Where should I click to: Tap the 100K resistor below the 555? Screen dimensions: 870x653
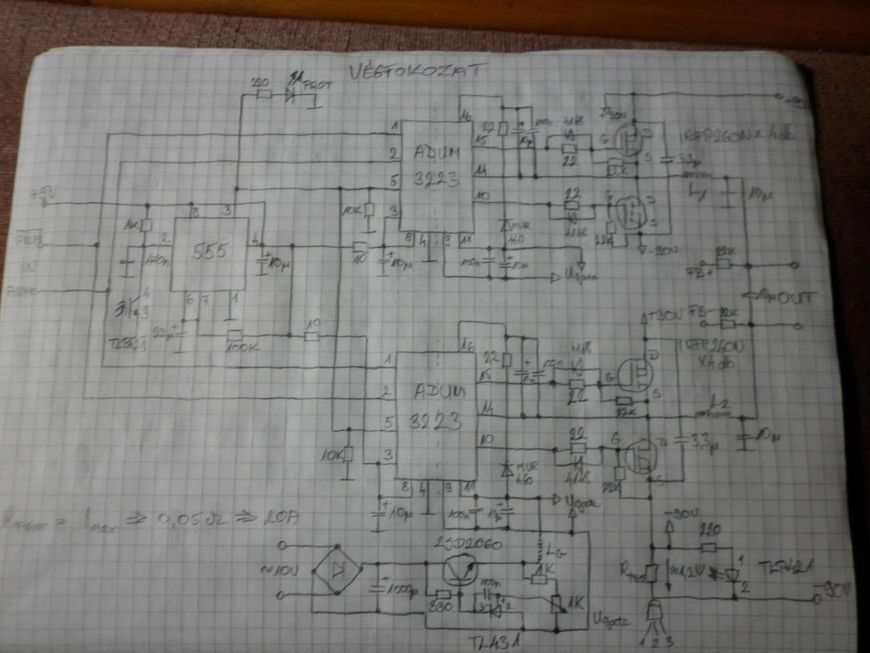click(235, 335)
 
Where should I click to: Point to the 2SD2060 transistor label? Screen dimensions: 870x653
click(466, 544)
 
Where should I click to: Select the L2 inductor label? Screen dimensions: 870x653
click(714, 401)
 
